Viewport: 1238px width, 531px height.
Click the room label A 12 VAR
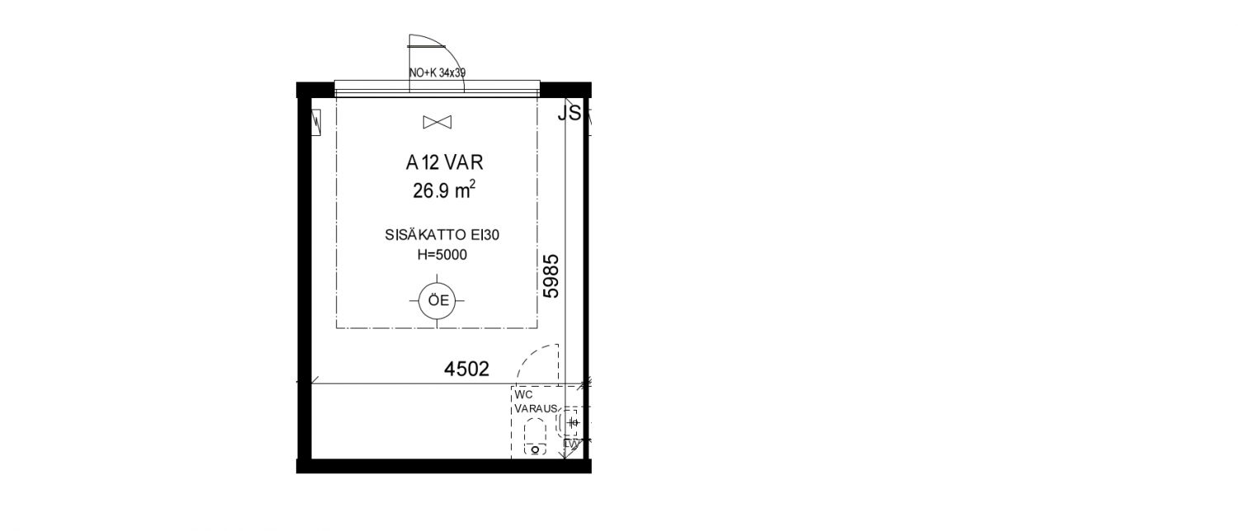click(444, 162)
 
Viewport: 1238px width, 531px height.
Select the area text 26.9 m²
click(444, 190)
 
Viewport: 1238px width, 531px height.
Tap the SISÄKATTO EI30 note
click(442, 235)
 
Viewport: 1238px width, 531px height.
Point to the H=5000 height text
click(442, 255)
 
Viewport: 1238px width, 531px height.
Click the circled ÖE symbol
click(437, 301)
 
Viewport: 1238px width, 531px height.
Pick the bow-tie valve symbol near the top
click(437, 122)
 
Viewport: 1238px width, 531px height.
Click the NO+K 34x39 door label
click(437, 73)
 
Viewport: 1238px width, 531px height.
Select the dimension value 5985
click(551, 276)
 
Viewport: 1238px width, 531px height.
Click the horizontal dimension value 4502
click(466, 369)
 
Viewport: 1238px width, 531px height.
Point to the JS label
click(569, 113)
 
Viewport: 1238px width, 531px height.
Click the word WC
click(523, 395)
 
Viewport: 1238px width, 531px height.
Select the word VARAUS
click(536, 408)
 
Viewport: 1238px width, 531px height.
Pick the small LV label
click(571, 444)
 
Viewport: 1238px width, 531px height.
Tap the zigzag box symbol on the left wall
click(316, 121)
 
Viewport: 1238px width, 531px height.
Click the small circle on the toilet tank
click(535, 450)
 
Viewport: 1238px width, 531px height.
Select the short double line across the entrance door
click(426, 46)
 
